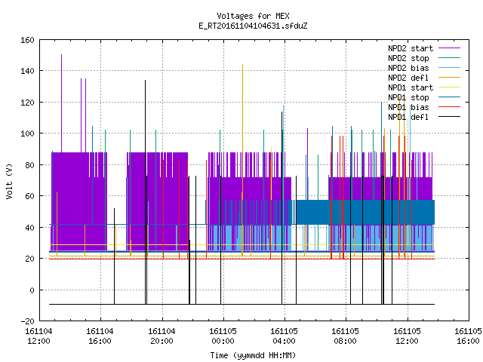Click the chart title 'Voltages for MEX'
click(x=253, y=16)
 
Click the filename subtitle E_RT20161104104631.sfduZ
click(x=253, y=26)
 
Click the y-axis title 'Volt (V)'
click(x=9, y=181)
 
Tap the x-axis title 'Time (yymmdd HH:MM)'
click(x=253, y=355)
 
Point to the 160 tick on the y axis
click(x=27, y=40)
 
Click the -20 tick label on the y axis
click(x=27, y=321)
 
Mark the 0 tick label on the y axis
click(x=32, y=290)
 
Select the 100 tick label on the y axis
click(x=27, y=133)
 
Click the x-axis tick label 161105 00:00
click(x=223, y=336)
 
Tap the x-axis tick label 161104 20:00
click(x=162, y=336)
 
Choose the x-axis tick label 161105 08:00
click(x=346, y=336)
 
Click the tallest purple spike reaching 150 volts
click(x=61, y=103)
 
